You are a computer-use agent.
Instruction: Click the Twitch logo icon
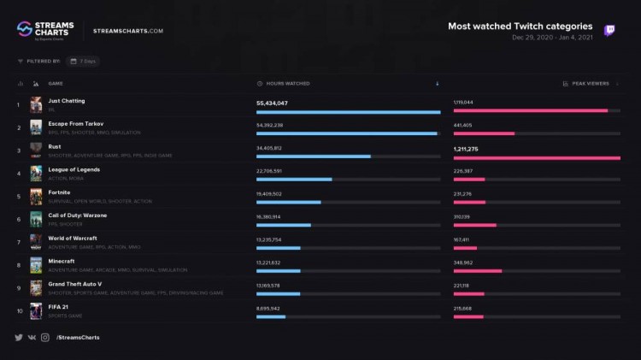point(609,31)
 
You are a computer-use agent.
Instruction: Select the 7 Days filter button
point(86,62)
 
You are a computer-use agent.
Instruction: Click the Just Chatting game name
point(67,101)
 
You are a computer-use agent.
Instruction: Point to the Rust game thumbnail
point(36,150)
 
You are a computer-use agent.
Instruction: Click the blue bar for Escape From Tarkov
point(346,133)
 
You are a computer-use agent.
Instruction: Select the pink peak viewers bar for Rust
point(536,156)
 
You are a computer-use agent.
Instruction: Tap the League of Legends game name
point(75,169)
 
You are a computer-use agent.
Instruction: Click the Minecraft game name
point(62,261)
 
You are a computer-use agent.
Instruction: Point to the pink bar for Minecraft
point(477,270)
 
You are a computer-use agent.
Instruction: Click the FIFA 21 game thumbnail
point(36,310)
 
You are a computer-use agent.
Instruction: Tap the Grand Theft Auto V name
point(75,284)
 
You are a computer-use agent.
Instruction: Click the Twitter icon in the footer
point(19,338)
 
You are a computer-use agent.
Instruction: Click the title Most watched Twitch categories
point(520,27)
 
